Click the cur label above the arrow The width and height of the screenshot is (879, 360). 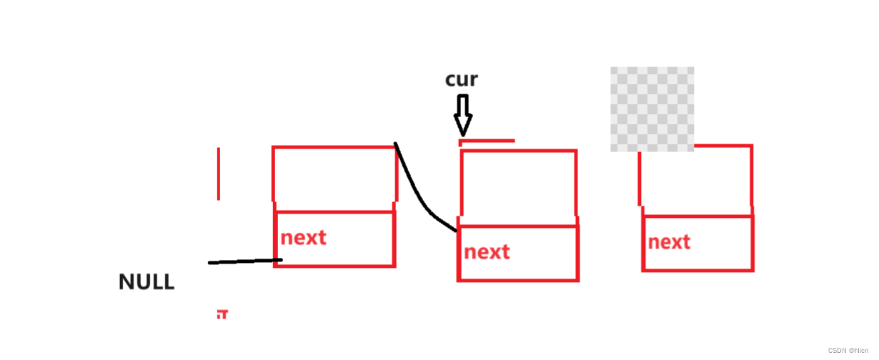point(461,79)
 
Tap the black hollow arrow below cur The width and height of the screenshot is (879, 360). point(463,114)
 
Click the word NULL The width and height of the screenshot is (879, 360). point(146,281)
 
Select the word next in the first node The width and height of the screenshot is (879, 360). point(303,238)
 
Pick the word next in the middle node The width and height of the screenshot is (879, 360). point(487,251)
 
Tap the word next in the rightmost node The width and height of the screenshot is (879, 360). point(669,242)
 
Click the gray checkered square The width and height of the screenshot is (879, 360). point(652,109)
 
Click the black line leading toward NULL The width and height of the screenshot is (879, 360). point(244,261)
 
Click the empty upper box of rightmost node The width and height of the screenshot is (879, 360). point(696,181)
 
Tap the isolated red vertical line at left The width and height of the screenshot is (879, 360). point(219,174)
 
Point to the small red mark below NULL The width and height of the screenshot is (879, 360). point(222,314)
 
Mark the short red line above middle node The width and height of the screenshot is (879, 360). point(487,141)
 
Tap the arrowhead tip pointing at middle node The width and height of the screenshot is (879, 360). point(463,134)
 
